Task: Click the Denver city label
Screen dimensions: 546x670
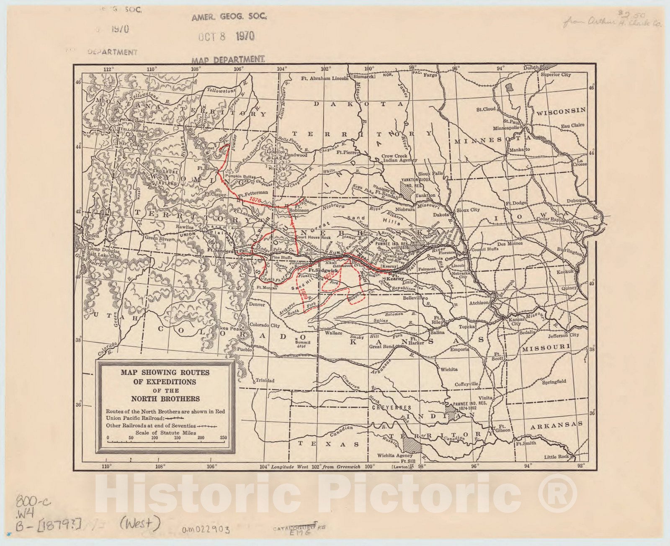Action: pos(257,304)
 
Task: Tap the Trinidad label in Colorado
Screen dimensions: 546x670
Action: pos(265,381)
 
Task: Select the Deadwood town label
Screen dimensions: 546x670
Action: pos(296,155)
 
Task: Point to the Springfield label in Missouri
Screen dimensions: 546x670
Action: pos(554,381)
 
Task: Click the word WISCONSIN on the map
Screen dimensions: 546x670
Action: pos(561,111)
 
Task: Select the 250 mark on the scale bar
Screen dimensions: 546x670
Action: pos(223,438)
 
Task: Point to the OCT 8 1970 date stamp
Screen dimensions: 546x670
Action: pos(227,36)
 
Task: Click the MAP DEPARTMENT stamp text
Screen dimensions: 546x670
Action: pos(228,59)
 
